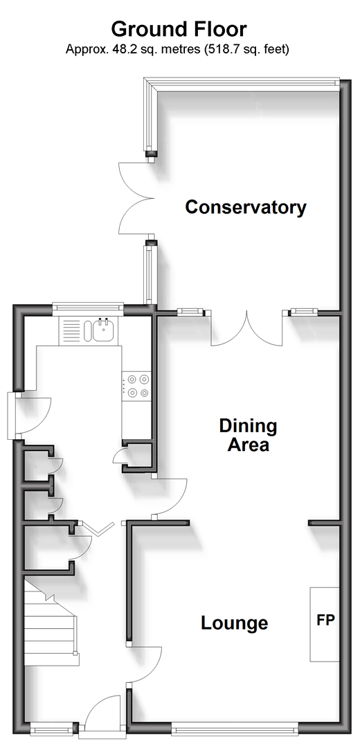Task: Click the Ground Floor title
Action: [179, 30]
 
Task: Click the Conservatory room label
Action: [246, 207]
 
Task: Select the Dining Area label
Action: [248, 435]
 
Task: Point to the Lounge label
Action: [235, 623]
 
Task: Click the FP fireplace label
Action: [326, 620]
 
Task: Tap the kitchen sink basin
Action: [103, 330]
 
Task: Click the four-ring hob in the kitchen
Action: [138, 386]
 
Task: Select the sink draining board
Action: [71, 330]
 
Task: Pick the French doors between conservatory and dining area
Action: [247, 328]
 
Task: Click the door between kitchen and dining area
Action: [170, 496]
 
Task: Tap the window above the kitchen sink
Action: [88, 307]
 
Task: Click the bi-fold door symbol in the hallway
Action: [96, 529]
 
